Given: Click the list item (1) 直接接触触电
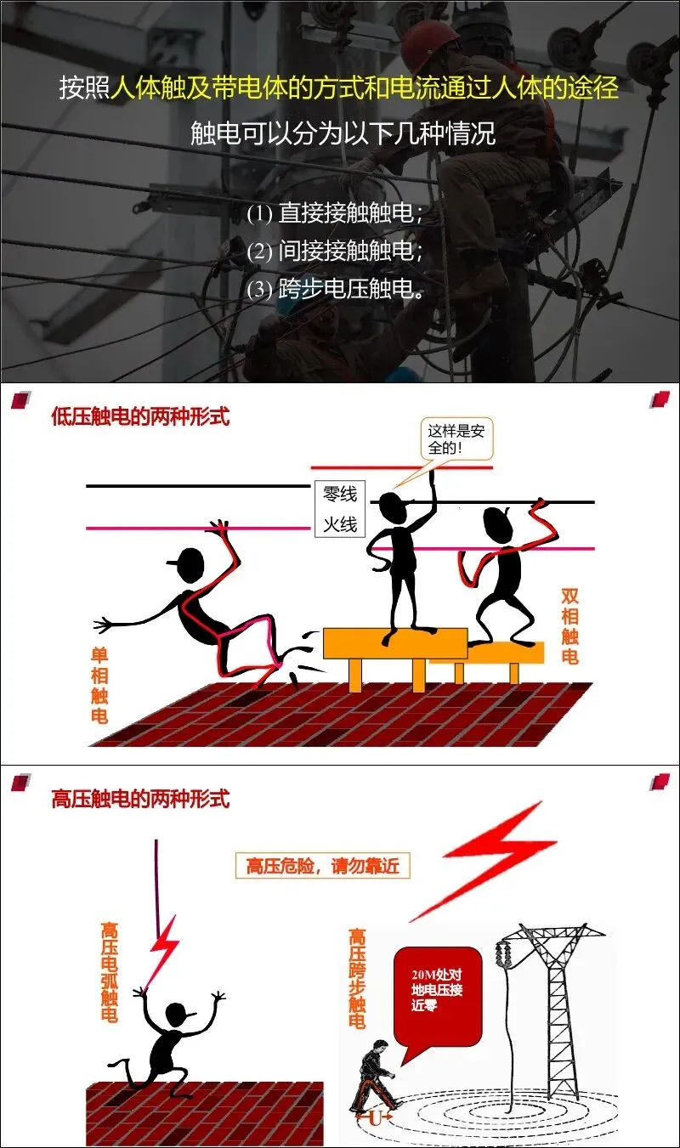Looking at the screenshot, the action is point(335,212).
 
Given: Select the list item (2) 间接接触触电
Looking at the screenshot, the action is point(335,251).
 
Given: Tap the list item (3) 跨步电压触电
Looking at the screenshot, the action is point(335,289).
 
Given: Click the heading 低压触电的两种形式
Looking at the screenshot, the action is point(140,418).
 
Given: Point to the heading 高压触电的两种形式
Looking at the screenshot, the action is point(140,799).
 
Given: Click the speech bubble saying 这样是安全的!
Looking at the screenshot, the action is point(456,438).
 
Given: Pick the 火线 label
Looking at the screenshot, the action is point(340,524).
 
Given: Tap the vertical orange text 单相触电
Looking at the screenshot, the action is point(99,684).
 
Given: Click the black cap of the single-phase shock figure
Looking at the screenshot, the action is point(186,561).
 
